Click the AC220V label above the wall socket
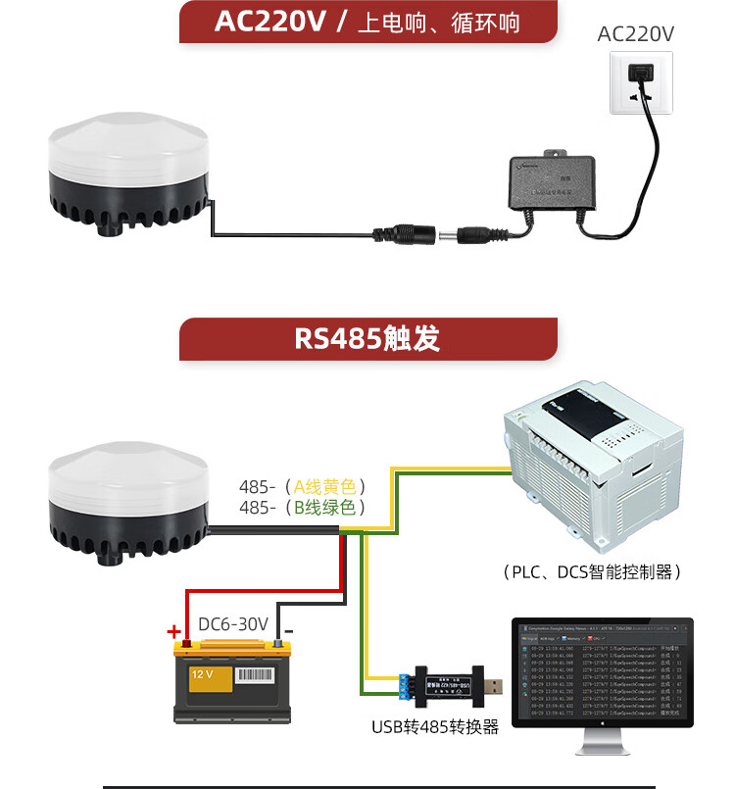[x=636, y=34]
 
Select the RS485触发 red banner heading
[x=367, y=338]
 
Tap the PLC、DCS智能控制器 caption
[x=590, y=571]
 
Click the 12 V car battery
[x=232, y=681]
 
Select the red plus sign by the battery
[x=174, y=631]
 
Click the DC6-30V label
[x=233, y=624]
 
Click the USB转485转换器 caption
[x=435, y=727]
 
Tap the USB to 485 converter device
[x=451, y=682]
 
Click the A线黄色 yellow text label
[x=329, y=486]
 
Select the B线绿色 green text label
[x=329, y=508]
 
